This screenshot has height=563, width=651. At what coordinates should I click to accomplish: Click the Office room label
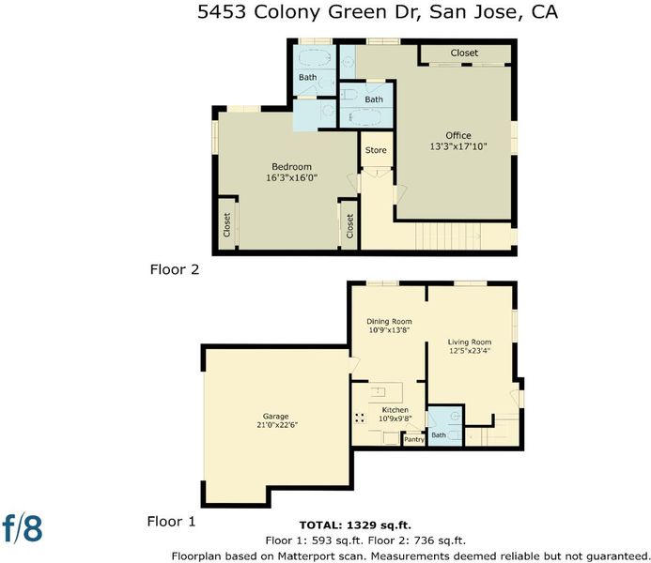(x=458, y=135)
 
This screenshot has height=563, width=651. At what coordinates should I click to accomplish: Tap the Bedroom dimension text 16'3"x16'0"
(x=291, y=178)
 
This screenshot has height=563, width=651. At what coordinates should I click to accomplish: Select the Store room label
(x=376, y=150)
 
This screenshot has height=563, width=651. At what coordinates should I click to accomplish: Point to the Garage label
(x=275, y=417)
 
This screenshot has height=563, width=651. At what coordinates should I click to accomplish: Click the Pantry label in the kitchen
(x=414, y=439)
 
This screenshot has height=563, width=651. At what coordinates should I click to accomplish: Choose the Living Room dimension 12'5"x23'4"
(x=470, y=351)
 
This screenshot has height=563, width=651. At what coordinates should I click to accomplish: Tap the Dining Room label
(x=389, y=321)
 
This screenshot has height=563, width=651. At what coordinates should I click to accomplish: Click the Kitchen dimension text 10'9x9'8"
(x=395, y=418)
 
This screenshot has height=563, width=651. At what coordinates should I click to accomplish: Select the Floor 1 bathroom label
(x=439, y=434)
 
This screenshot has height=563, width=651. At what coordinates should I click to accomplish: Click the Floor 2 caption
(x=175, y=269)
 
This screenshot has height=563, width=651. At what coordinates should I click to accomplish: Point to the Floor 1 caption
(x=171, y=522)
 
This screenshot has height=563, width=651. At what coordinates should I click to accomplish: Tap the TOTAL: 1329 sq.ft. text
(x=355, y=525)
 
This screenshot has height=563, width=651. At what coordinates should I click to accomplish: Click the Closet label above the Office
(x=464, y=53)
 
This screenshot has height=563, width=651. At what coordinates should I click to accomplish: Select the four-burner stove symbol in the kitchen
(x=360, y=418)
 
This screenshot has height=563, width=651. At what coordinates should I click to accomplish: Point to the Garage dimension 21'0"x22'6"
(x=277, y=425)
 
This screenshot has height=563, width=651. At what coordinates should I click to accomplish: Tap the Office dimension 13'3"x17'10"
(x=458, y=146)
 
